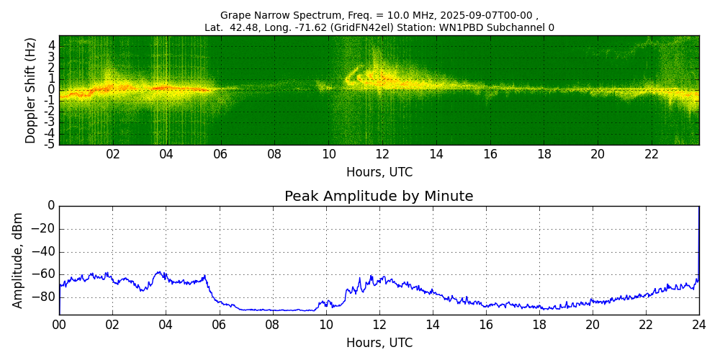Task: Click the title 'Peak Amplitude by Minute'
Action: coord(379,197)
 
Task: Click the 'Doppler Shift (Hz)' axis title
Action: coord(31,91)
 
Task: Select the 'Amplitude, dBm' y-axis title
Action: coord(19,260)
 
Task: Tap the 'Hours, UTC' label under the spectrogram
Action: coord(379,173)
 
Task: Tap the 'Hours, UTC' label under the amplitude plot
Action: coord(379,343)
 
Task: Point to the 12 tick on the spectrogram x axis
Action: coord(382,155)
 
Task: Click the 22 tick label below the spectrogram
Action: coord(652,155)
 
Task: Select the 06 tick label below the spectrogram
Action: coord(220,155)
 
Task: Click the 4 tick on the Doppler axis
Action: coord(52,45)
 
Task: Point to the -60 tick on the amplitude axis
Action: coord(45,274)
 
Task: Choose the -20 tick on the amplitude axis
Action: coord(45,229)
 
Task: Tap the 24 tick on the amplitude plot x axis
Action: coord(699,325)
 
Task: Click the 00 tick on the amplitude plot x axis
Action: coord(59,325)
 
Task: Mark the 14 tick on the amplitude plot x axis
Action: coord(433,325)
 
